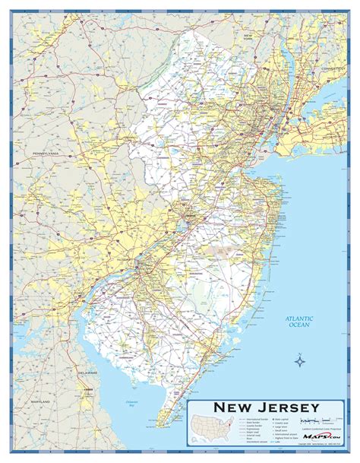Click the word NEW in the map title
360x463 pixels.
(232, 406)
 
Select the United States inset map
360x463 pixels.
(213, 428)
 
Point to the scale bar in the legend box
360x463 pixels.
(315, 420)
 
